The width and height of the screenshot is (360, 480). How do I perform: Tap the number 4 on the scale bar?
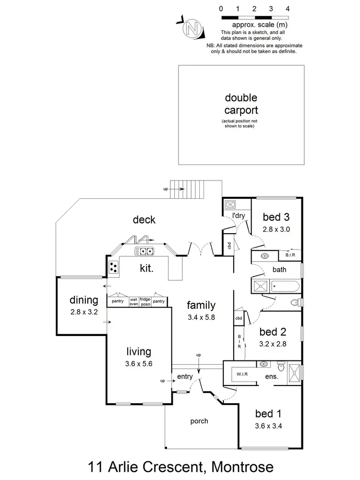click(287, 9)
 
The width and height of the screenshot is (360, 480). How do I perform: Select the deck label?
click(144, 220)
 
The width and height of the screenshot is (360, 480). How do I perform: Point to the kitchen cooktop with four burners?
click(113, 268)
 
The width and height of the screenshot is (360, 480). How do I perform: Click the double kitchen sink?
click(144, 251)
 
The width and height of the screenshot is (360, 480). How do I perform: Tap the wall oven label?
click(133, 302)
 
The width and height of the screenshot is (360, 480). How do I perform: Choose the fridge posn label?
click(145, 302)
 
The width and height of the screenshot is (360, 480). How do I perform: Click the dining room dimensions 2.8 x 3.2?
click(84, 311)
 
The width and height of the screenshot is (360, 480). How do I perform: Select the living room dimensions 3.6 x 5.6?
click(138, 363)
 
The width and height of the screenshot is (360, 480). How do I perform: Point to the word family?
click(201, 305)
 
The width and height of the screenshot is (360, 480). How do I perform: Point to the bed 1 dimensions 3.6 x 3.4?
click(267, 425)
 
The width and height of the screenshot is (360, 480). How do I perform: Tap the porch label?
click(199, 421)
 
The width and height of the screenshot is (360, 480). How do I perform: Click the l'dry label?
click(239, 216)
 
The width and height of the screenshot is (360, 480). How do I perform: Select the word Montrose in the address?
click(237, 466)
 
